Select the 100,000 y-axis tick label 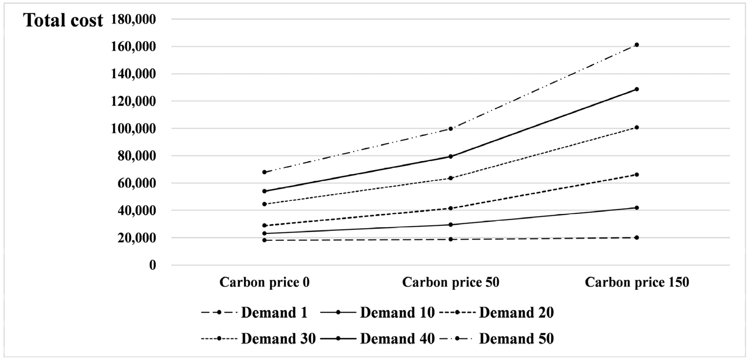133,129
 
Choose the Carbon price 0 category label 264,282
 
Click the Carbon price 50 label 450,282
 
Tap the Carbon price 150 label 637,282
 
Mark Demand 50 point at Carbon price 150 636,45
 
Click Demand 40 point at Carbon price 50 451,156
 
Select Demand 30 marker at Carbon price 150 636,127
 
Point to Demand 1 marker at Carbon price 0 264,240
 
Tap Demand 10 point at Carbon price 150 636,208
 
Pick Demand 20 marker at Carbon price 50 451,208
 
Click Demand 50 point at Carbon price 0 264,172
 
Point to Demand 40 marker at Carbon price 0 264,191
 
